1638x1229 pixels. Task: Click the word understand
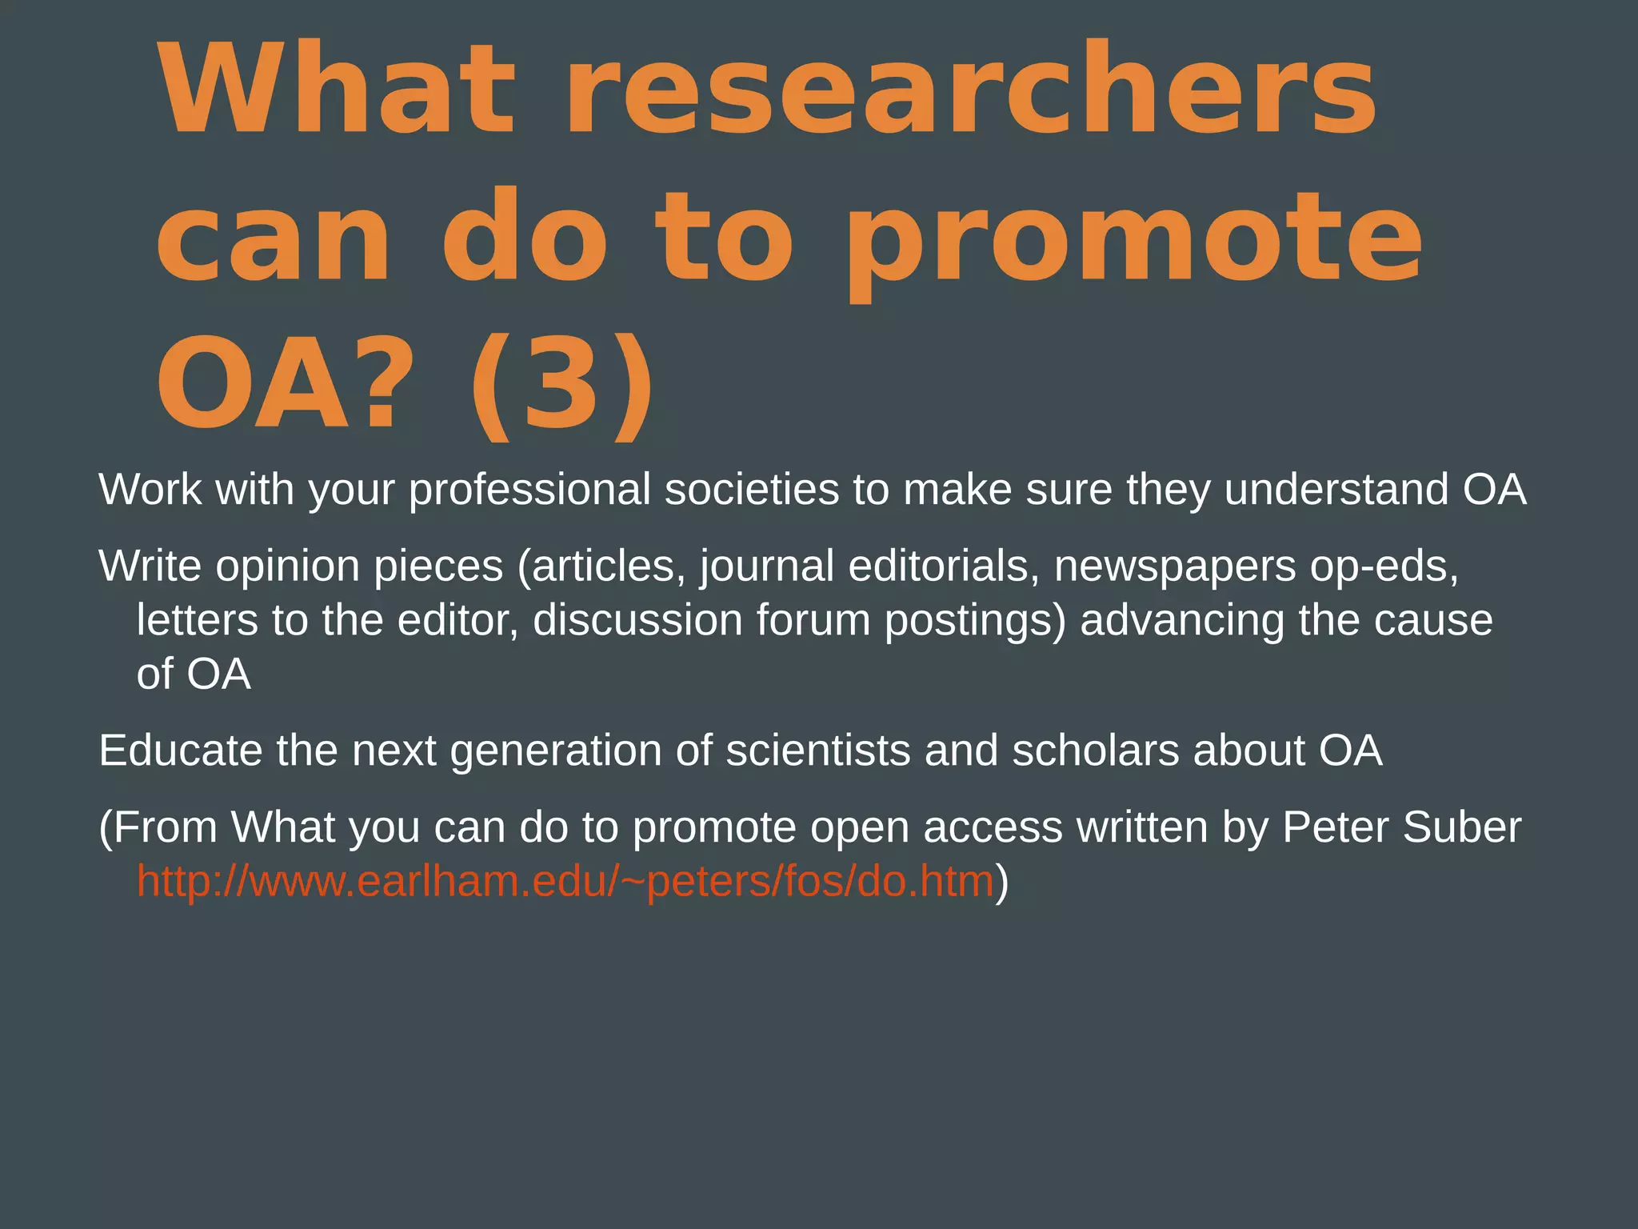pos(1336,490)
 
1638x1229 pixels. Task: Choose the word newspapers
pos(1175,566)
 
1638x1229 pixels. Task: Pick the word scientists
pos(817,751)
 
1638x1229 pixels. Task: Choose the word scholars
pos(1095,751)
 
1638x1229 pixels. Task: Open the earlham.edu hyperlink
pos(565,882)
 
